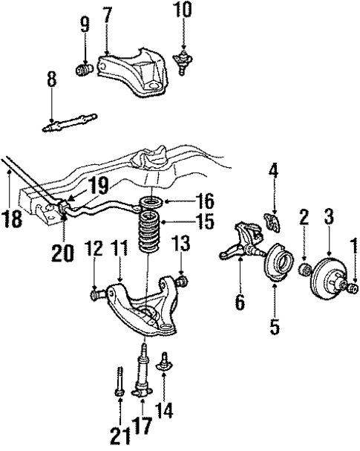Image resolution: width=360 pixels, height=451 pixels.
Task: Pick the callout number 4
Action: pos(274,172)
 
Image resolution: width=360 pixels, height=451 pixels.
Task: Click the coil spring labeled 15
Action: pos(148,236)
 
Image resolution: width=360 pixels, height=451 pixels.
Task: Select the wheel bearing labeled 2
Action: pos(304,267)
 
